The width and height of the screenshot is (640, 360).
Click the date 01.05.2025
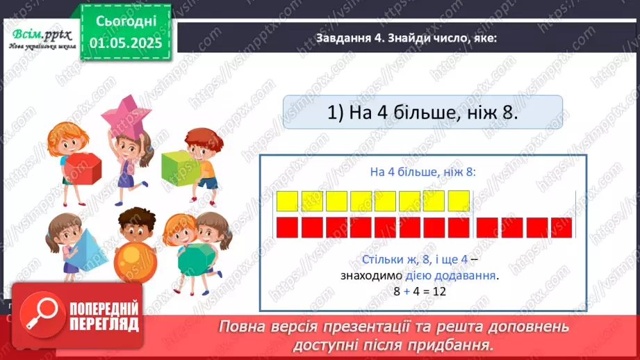click(126, 43)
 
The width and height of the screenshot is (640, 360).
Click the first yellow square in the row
click(287, 201)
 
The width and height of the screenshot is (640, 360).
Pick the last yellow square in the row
click(459, 201)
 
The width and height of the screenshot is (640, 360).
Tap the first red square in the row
click(287, 228)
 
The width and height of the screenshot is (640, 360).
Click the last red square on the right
click(561, 228)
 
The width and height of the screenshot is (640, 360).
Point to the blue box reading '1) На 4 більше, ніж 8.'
click(423, 112)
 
